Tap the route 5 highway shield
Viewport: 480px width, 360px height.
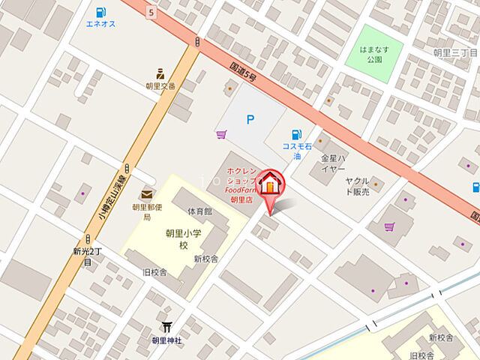(x=151, y=12)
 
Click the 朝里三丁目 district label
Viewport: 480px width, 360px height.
(x=456, y=52)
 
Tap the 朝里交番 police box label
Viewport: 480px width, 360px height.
(x=160, y=85)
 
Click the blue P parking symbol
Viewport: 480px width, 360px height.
(x=251, y=119)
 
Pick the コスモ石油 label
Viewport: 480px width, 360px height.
(x=298, y=151)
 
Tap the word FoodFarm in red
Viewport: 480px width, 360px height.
(x=241, y=190)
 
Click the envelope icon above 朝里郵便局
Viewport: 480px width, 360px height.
(x=145, y=195)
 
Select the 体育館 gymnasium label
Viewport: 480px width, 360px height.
(x=199, y=211)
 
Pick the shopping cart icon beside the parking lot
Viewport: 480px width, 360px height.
(x=220, y=135)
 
